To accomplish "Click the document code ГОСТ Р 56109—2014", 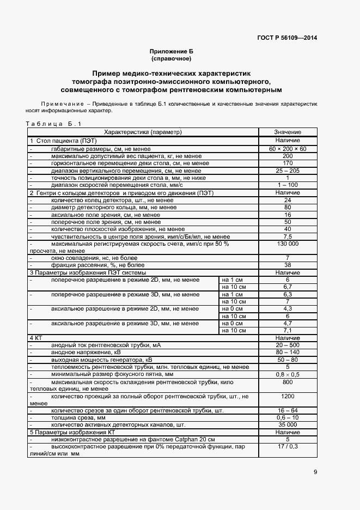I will (286, 38).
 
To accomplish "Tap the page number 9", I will (315, 472).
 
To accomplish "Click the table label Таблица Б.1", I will (53, 124).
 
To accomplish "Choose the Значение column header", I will (288, 132).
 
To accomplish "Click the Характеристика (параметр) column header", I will (143, 132).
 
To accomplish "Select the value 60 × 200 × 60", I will (288, 149).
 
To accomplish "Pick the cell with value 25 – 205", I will (288, 171).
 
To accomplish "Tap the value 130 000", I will (288, 244).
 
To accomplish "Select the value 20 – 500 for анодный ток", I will (288, 345).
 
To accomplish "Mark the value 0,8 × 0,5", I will (288, 375).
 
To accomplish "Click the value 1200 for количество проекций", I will (288, 397).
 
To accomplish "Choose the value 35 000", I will (288, 424).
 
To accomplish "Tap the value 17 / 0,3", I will (288, 446).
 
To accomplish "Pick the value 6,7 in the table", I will (288, 287).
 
